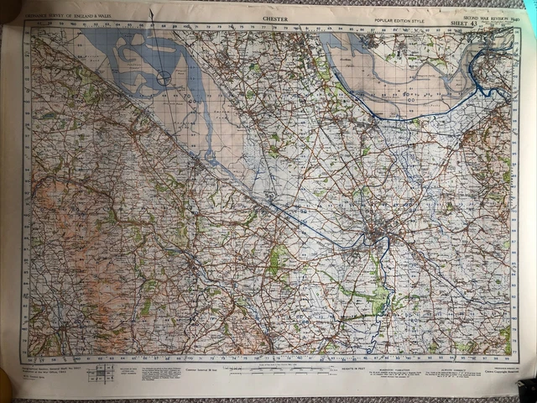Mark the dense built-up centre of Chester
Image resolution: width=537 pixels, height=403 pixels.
pyautogui.click(x=374, y=238)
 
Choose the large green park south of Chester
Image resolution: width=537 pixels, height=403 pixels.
pyautogui.click(x=379, y=294)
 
